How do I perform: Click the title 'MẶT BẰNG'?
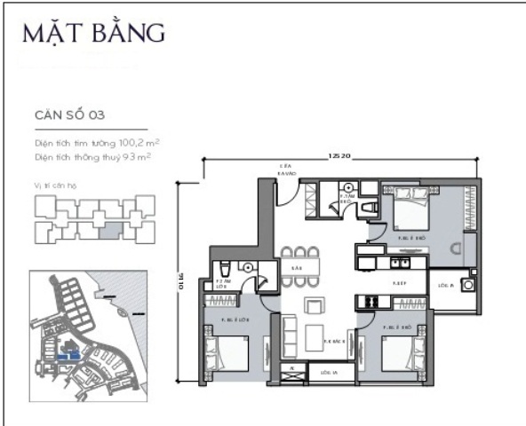pyautogui.click(x=94, y=34)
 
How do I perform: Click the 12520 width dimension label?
pyautogui.click(x=338, y=156)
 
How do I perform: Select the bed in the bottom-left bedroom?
pyautogui.click(x=227, y=354)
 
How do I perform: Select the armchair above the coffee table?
pyautogui.click(x=314, y=307)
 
